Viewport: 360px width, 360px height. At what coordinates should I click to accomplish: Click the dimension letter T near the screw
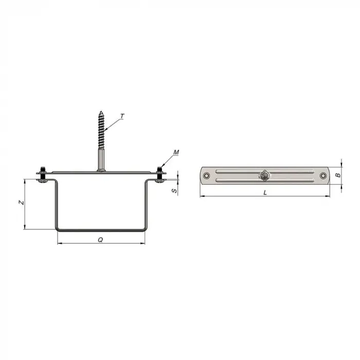(122, 116)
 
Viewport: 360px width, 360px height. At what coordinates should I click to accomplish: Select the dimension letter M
(176, 152)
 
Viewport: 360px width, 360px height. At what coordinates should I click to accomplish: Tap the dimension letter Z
(22, 203)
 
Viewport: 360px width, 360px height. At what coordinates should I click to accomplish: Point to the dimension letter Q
(100, 240)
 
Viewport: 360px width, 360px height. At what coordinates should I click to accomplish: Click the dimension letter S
(174, 191)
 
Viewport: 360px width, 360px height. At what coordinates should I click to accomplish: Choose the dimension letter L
(265, 192)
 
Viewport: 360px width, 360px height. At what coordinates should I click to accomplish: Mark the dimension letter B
(338, 175)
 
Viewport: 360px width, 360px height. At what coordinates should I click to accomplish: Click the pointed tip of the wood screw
(101, 112)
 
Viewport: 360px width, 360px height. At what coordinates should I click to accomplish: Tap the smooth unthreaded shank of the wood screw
(101, 159)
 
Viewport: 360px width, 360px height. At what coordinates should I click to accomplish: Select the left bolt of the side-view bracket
(43, 175)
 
